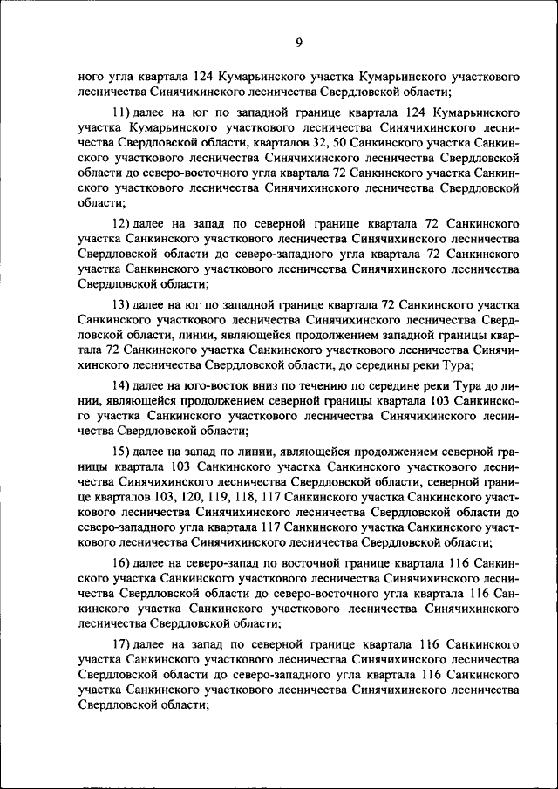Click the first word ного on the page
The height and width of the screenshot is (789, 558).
point(92,77)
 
